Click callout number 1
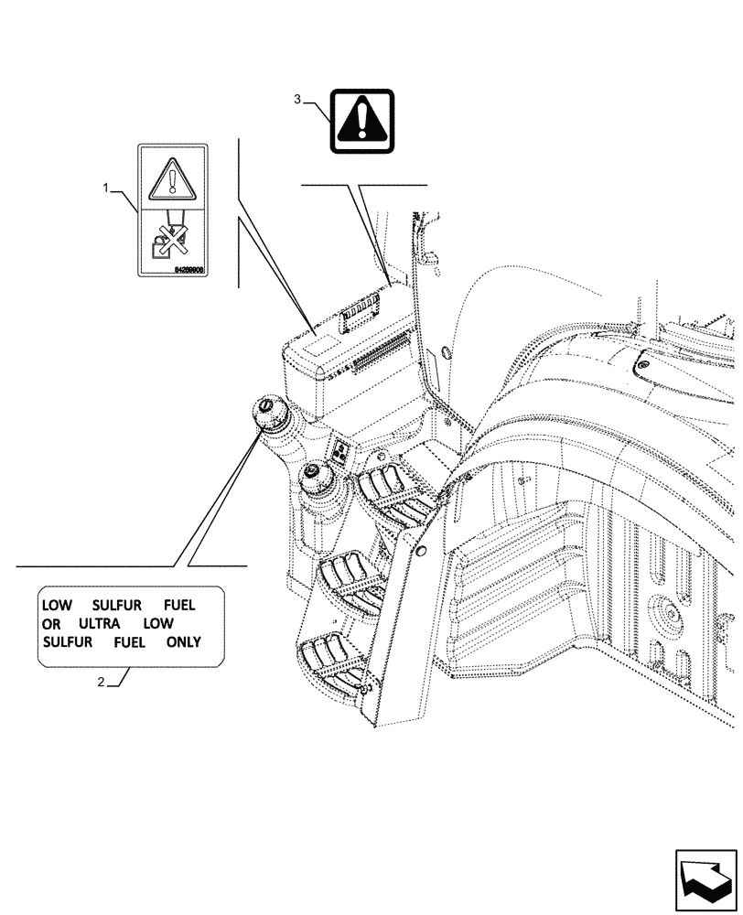pos(107,188)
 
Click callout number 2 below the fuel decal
pos(102,682)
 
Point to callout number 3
pos(298,100)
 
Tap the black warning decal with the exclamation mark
pos(362,120)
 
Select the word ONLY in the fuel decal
pos(183,641)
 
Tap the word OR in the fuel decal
pos(49,623)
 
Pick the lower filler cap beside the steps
pos(314,474)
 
